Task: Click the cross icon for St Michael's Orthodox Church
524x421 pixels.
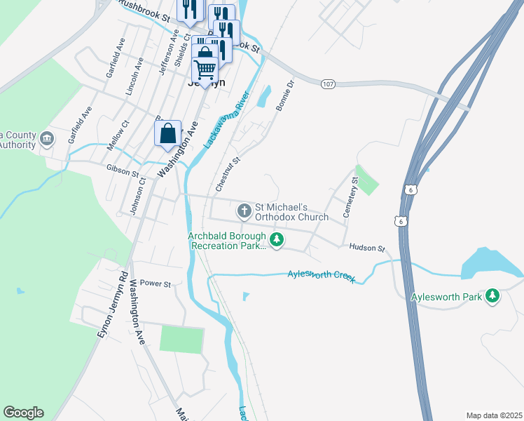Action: (x=244, y=210)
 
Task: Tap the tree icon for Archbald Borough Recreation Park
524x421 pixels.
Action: (x=277, y=241)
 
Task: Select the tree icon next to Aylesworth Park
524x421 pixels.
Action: (x=493, y=297)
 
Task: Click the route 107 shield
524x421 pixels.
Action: (x=327, y=84)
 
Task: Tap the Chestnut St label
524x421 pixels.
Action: (x=228, y=175)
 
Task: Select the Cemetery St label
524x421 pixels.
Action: (x=350, y=196)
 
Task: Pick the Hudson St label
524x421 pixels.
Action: (x=367, y=248)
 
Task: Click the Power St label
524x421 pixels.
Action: (x=156, y=284)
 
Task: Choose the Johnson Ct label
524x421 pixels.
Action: (x=137, y=195)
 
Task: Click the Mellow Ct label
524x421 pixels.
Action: (x=111, y=136)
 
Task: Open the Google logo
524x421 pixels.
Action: (x=23, y=413)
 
